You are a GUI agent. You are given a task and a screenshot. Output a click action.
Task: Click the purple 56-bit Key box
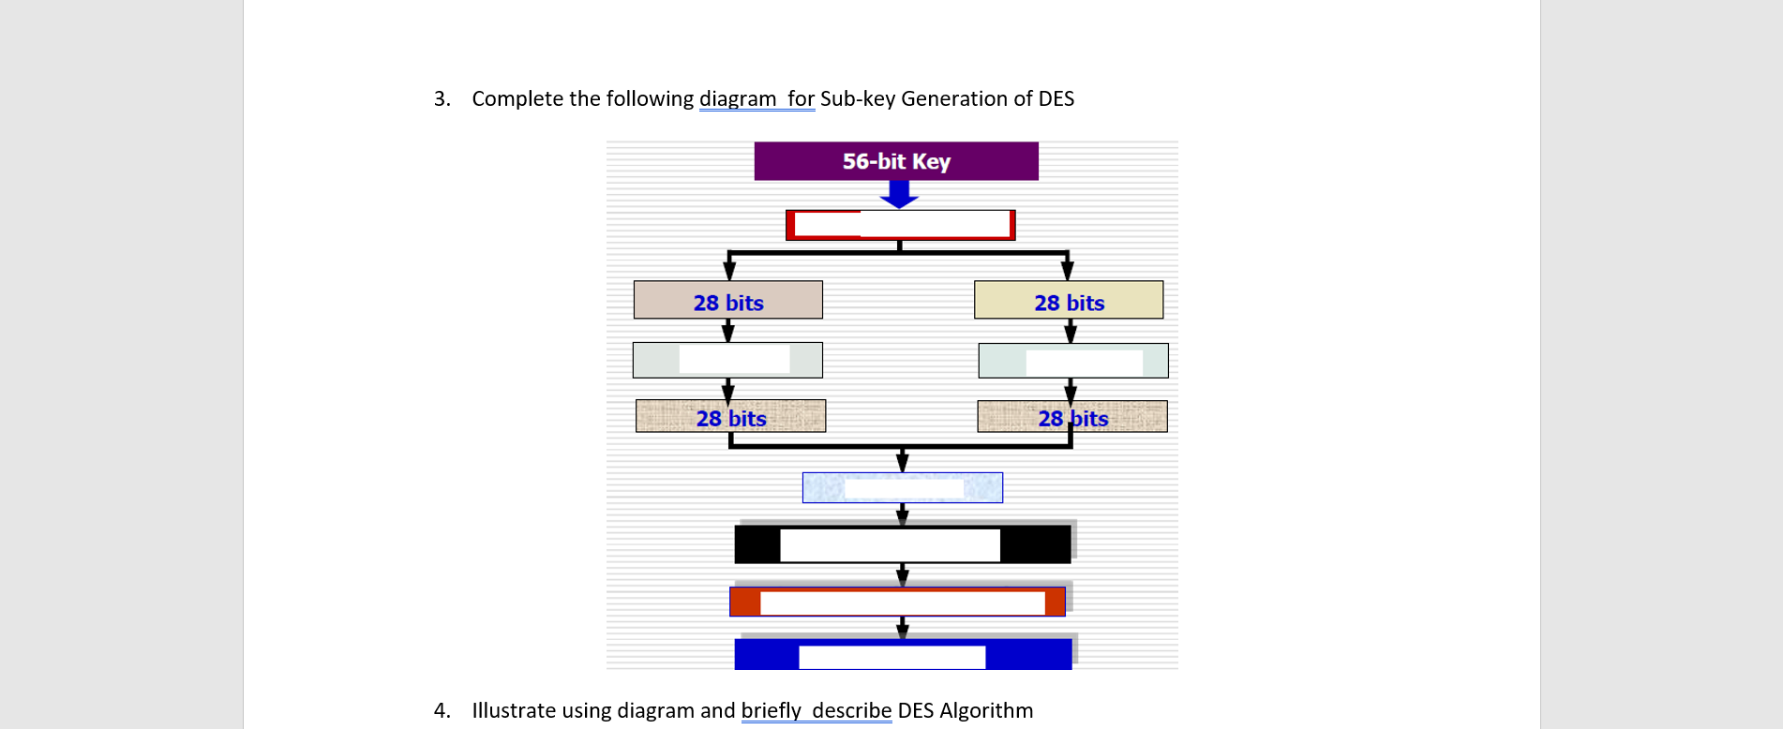896,161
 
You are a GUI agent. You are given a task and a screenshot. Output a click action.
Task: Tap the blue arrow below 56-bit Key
899,194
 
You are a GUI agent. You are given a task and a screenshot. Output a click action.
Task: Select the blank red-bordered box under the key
900,225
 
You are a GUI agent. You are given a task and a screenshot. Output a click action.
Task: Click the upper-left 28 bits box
728,300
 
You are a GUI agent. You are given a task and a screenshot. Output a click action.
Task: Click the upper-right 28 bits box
1069,300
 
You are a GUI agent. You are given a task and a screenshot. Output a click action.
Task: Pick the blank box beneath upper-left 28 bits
727,360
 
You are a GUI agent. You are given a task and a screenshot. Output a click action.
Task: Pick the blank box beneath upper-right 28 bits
1073,361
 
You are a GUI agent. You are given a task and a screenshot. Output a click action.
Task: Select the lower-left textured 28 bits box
730,416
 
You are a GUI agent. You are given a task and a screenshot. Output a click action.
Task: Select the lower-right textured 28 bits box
1072,417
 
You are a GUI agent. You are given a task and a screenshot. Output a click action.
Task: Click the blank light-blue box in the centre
903,487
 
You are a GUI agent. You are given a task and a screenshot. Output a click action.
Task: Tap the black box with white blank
903,544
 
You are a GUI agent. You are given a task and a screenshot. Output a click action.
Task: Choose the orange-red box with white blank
897,602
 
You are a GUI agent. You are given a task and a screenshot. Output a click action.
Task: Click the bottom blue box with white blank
903,654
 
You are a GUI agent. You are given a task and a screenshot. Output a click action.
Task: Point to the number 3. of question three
442,99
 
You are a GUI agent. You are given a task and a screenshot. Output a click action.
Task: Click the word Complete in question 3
517,99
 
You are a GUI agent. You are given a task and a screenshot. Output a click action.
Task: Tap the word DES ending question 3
1056,99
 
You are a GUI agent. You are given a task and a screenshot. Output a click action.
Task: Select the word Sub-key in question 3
858,99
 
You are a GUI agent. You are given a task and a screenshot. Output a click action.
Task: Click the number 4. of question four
442,711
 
